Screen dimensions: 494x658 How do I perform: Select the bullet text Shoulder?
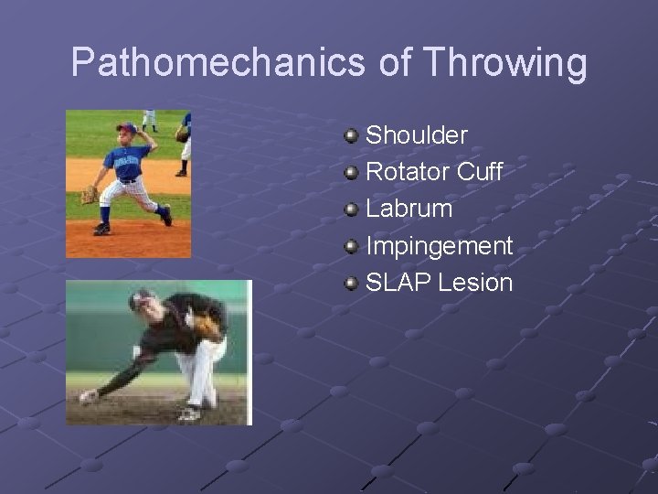coord(417,135)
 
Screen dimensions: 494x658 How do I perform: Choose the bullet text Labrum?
coord(409,209)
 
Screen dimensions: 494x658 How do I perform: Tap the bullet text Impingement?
coord(439,246)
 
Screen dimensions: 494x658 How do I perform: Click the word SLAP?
coord(398,283)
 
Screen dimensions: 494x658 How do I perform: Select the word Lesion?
coord(475,283)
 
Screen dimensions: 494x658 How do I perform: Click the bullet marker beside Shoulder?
coord(351,136)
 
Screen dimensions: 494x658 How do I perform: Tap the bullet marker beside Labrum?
coord(351,209)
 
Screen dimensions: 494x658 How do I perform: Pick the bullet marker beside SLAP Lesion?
coord(351,284)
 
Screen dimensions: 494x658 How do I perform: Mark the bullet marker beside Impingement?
coord(351,247)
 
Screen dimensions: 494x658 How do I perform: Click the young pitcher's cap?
coord(127,127)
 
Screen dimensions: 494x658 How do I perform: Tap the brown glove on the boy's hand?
coord(89,194)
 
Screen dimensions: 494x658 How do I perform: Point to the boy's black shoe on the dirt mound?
coord(101,229)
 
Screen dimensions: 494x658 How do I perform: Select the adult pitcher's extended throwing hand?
coord(88,396)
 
